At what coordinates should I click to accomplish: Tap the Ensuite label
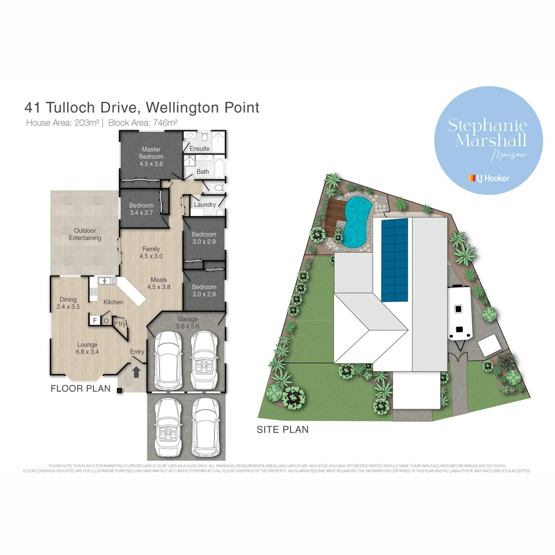click(199, 149)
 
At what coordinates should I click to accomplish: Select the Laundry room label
click(205, 205)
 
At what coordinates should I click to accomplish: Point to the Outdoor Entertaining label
click(85, 234)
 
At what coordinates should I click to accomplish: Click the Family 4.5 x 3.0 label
click(151, 252)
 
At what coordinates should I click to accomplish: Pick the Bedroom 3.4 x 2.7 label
click(141, 209)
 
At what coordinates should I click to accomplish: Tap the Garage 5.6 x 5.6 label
click(187, 322)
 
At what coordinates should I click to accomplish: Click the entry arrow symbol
click(136, 372)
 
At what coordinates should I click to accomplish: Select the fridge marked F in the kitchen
click(95, 321)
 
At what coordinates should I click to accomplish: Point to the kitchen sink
click(107, 281)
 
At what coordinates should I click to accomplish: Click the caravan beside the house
click(459, 314)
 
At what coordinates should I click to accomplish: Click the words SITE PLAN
click(283, 429)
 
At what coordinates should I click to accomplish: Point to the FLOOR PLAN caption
click(81, 388)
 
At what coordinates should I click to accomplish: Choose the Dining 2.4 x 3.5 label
click(68, 303)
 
